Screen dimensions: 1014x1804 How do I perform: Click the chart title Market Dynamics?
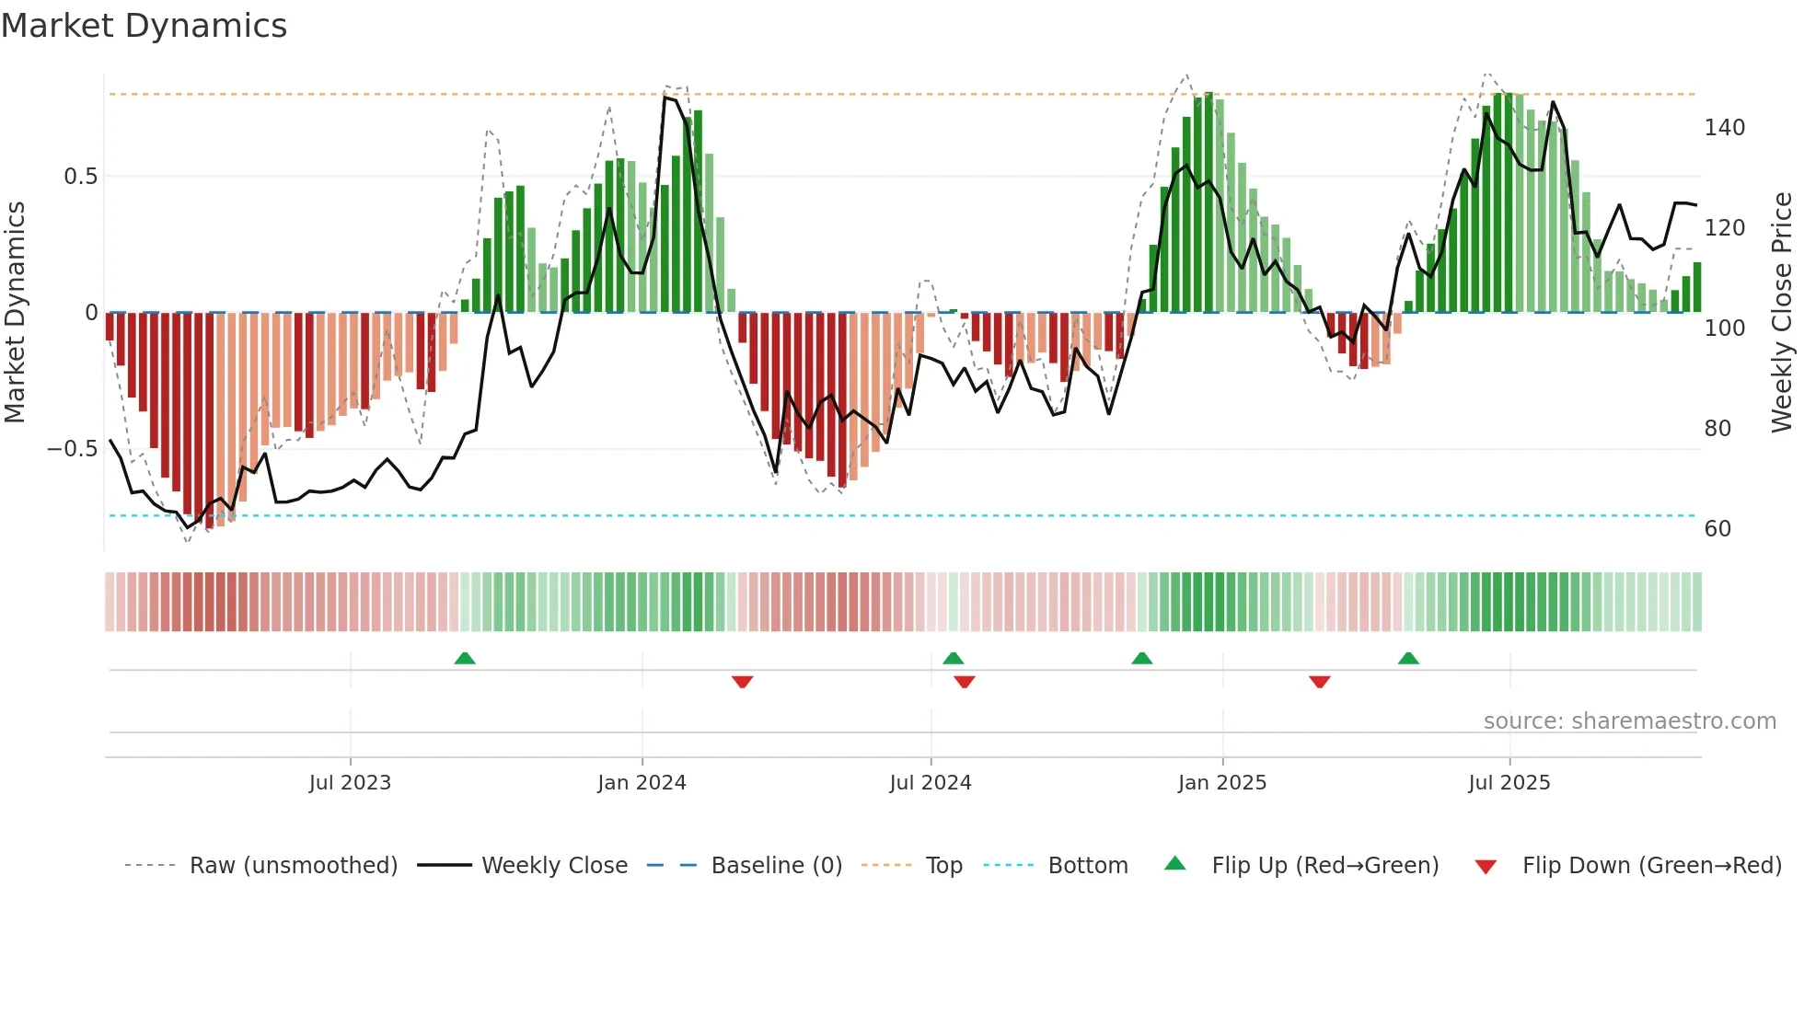point(144,26)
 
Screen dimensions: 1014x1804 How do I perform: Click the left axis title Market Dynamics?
point(15,312)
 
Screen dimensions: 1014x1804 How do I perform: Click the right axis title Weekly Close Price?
point(1782,312)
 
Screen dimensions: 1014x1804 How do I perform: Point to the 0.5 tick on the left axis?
point(80,177)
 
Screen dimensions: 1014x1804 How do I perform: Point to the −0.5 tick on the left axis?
point(73,449)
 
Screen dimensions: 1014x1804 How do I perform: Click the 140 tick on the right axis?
point(1724,128)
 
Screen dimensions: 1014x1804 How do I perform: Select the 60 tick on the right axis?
point(1717,529)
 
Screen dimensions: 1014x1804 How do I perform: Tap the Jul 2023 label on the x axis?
point(350,783)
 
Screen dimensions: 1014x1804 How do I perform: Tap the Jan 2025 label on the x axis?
point(1221,783)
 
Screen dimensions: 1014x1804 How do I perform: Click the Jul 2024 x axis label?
point(930,783)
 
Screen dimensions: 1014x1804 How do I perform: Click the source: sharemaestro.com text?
point(1629,721)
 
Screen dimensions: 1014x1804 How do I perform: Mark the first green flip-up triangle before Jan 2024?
point(465,659)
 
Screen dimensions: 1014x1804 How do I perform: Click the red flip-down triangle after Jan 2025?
point(1319,682)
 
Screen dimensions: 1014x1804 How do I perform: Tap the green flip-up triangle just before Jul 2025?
point(1408,659)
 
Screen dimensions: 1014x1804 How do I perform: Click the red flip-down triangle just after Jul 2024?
point(965,682)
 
